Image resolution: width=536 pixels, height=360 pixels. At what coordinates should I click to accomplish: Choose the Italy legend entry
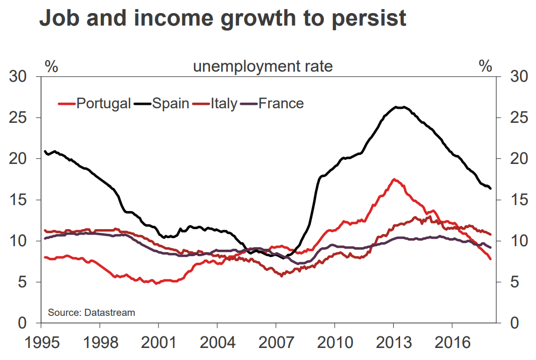coord(223,104)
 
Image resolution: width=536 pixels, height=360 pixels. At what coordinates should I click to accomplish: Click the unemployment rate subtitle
coord(263,66)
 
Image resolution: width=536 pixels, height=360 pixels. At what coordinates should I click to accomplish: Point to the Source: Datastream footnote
coord(91,313)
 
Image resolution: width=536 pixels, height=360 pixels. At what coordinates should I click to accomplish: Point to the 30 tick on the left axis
coord(20,77)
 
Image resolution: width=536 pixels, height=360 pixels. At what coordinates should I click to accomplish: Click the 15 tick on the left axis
coord(20,200)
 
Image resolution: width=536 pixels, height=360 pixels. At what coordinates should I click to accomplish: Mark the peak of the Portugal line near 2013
coord(394,179)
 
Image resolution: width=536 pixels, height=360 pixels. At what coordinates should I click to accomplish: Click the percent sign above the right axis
coord(485,66)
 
